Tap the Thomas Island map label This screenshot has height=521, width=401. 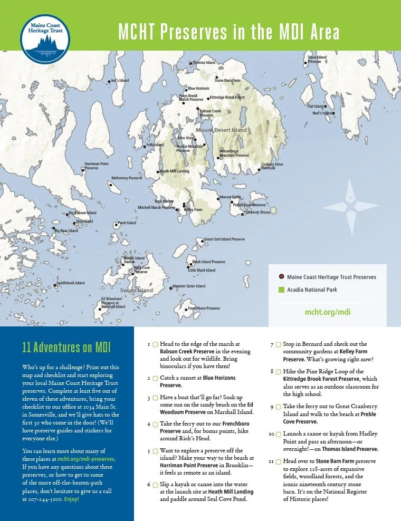coord(204,63)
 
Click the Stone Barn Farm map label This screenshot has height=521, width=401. coord(227,81)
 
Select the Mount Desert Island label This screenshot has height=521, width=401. coord(222,130)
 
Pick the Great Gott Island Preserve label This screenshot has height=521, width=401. coord(224,239)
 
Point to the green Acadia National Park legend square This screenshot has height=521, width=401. coord(282,290)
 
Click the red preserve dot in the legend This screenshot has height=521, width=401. coord(282,277)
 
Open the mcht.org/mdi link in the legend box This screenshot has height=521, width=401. coord(328,312)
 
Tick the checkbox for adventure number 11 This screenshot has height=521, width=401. coord(278,461)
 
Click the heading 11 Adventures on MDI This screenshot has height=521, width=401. coord(59,348)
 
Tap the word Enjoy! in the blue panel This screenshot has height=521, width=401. coord(71,498)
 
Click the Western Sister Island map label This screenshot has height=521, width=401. coord(189,286)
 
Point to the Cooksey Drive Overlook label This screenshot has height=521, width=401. coord(272,166)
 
